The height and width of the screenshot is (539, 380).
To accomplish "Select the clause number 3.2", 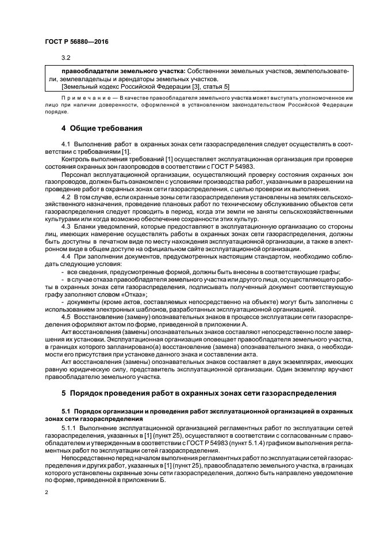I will point(66,58).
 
